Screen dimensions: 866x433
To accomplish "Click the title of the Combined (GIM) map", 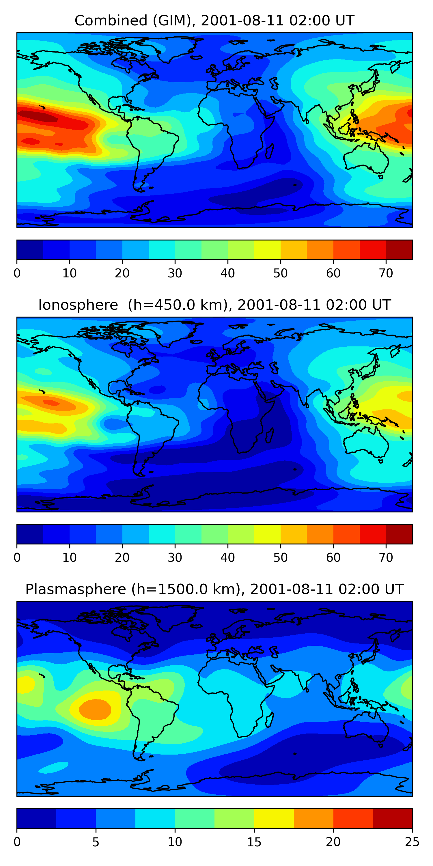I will click(214, 20).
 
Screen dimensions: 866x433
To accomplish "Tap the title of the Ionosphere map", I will click(214, 305).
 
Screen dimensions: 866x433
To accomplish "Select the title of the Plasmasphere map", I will click(214, 589).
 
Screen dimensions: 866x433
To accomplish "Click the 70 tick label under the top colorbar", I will click(386, 273).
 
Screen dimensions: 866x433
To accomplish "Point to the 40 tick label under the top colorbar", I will click(227, 273).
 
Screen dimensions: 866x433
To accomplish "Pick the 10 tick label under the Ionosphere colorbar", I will click(70, 557).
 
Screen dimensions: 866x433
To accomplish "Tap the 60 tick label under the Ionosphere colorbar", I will click(333, 557).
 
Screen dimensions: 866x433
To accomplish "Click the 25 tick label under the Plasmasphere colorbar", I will click(412, 842).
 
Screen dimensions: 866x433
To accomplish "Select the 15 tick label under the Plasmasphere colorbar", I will click(254, 842).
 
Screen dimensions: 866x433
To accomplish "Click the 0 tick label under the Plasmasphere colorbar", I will click(17, 842).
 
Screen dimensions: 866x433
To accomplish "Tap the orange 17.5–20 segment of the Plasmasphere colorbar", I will click(313, 818).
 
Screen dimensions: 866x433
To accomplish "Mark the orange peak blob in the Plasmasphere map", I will click(95, 709).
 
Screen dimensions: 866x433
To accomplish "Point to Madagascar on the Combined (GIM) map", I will click(270, 152).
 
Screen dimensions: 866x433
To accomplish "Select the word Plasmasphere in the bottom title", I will click(76, 589).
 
